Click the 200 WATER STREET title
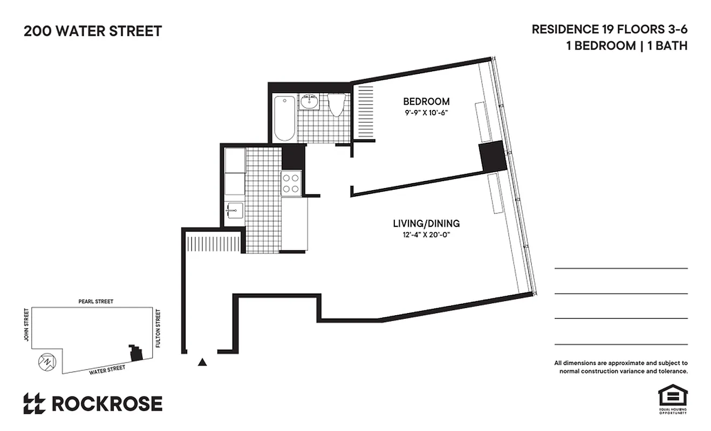click(92, 31)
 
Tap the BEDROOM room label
click(426, 101)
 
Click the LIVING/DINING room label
click(426, 223)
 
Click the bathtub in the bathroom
click(284, 118)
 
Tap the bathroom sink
click(310, 101)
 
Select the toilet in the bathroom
click(337, 105)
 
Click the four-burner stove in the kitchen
click(291, 182)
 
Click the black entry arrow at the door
click(202, 363)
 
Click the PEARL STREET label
click(95, 302)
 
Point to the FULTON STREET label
click(158, 328)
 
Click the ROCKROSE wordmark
click(107, 404)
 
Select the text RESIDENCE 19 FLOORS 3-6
click(609, 29)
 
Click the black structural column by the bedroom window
click(492, 156)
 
